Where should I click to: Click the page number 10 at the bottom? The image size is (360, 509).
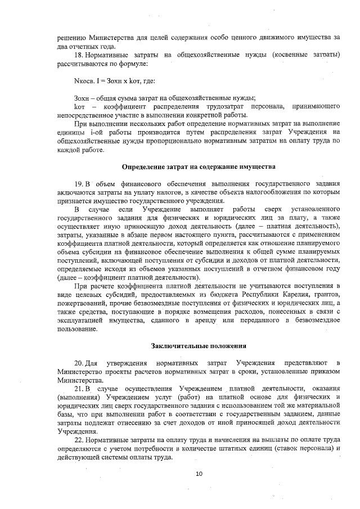[x=199, y=474]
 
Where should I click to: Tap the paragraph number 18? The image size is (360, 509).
[x=79, y=55]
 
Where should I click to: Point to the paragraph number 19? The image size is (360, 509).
[x=79, y=184]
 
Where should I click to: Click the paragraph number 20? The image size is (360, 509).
[x=79, y=360]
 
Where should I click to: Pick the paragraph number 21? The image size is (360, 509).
[x=79, y=389]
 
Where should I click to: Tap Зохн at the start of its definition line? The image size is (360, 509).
[x=82, y=98]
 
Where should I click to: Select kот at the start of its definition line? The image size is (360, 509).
[x=79, y=107]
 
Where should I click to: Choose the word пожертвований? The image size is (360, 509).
[x=82, y=304]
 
